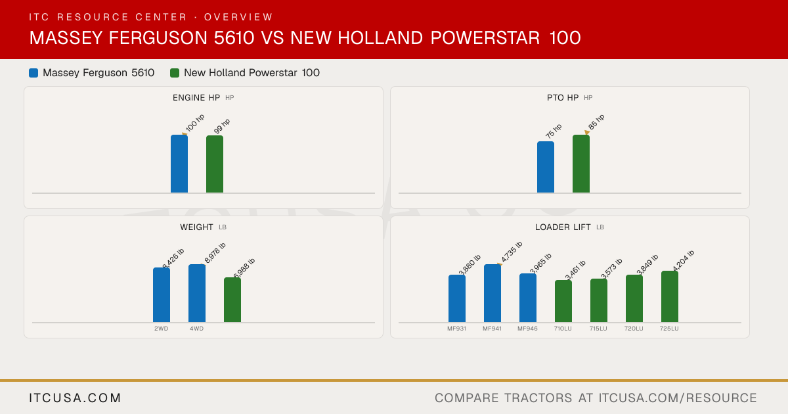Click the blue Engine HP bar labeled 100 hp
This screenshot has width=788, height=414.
(179, 164)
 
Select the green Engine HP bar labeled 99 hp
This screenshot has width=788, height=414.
(215, 164)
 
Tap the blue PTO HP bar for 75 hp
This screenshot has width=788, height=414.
(546, 167)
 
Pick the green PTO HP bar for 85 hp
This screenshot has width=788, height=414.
(581, 164)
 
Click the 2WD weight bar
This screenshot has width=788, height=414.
(162, 295)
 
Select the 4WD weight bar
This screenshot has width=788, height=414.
(197, 293)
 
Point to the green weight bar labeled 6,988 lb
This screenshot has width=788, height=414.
(232, 300)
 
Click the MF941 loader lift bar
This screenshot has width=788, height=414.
(492, 293)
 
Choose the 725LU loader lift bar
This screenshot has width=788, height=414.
(670, 297)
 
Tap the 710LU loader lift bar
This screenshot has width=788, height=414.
(563, 302)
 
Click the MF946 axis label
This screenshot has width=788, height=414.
(528, 329)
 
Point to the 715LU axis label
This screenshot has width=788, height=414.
(598, 329)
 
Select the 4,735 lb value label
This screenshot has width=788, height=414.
(512, 252)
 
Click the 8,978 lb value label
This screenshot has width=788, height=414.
(215, 253)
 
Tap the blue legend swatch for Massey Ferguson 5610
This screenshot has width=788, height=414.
(33, 73)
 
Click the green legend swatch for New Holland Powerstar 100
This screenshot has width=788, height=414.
(175, 73)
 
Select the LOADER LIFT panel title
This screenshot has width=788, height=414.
(563, 227)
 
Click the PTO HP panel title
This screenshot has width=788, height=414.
(563, 97)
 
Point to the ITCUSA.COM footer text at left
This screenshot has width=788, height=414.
(75, 398)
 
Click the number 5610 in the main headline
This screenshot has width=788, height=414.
(234, 37)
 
